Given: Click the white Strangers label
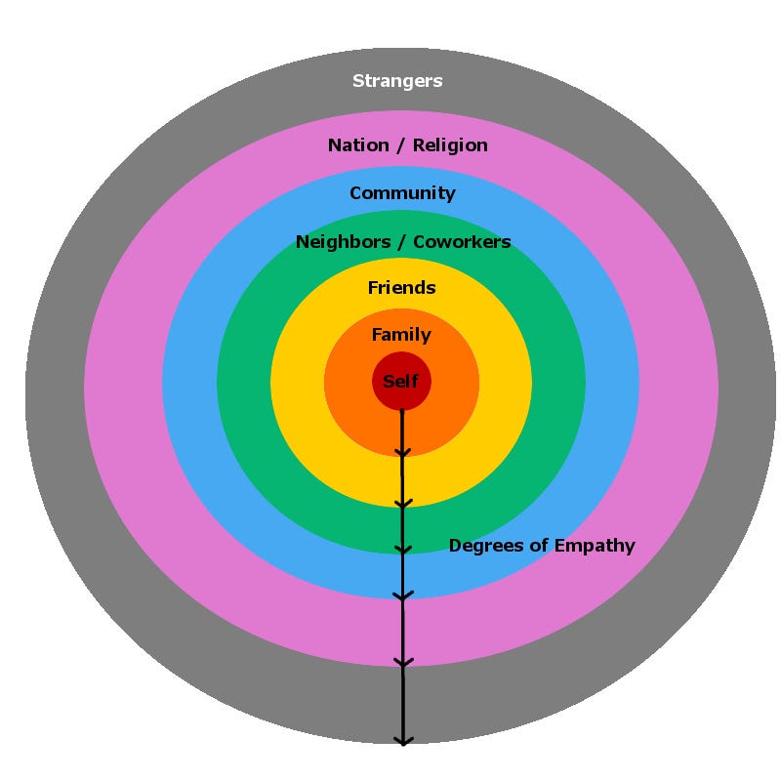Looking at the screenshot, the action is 397,81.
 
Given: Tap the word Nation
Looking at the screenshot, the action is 358,145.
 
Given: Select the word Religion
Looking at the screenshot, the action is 450,145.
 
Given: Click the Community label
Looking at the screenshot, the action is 402,193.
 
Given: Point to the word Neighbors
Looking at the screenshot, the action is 344,242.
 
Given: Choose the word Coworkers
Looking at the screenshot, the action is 462,242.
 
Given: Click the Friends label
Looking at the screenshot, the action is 402,288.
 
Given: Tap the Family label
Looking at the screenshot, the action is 401,335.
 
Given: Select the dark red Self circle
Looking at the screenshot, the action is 401,381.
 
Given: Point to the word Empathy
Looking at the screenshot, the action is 595,546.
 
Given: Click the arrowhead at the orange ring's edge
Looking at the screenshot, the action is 402,452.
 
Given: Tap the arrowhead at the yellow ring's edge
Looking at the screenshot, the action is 403,503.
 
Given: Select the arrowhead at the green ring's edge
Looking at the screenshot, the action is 403,550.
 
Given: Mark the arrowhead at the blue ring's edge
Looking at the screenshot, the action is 403,596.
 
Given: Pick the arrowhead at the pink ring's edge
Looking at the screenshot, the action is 403,663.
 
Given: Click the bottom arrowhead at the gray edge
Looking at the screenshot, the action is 403,740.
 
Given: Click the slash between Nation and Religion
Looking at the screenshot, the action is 401,145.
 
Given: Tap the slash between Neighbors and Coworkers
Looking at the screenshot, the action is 402,242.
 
